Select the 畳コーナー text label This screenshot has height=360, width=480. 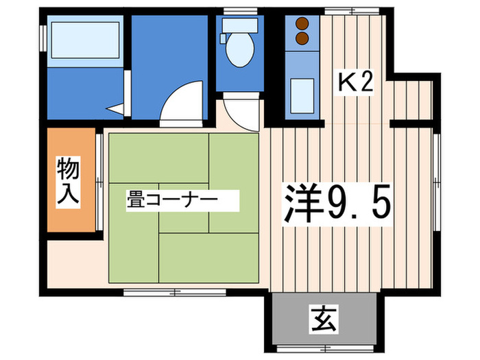[171, 200]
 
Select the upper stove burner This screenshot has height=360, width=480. [301, 23]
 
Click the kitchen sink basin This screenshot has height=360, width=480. [301, 95]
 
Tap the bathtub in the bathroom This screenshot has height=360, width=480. [83, 42]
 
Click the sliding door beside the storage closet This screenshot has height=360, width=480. [100, 180]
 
